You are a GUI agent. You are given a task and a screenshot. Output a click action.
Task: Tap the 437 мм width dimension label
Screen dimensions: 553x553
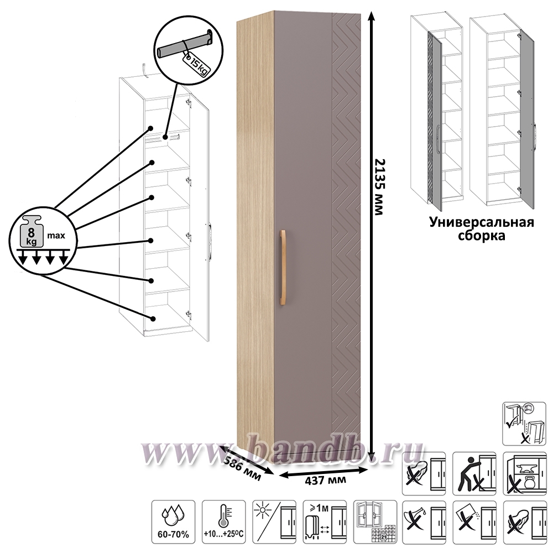click(x=326, y=480)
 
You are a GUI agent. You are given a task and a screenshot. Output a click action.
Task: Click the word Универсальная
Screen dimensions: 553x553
click(x=482, y=222)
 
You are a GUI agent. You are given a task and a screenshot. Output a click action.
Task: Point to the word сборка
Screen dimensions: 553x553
click(x=482, y=236)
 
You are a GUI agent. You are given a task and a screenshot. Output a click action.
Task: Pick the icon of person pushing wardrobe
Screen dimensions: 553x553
click(x=473, y=473)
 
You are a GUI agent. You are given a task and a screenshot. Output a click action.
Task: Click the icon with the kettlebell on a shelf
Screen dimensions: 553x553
click(x=524, y=473)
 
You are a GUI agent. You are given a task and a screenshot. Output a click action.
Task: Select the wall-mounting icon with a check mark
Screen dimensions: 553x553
click(x=524, y=423)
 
